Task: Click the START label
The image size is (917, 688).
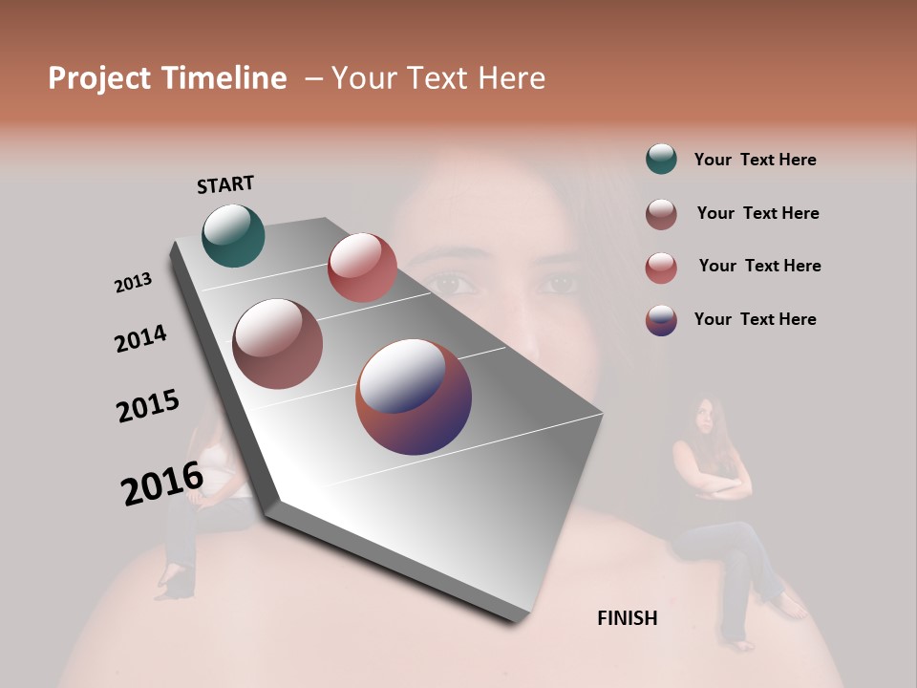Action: pyautogui.click(x=225, y=183)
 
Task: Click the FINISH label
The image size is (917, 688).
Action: pyautogui.click(x=627, y=618)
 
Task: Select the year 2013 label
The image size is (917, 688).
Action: pyautogui.click(x=133, y=283)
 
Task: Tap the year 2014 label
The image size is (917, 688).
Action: pyautogui.click(x=140, y=338)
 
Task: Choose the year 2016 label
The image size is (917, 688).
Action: pyautogui.click(x=162, y=483)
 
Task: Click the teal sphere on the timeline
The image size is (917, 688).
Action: pyautogui.click(x=233, y=235)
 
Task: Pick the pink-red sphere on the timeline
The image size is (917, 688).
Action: pyautogui.click(x=362, y=268)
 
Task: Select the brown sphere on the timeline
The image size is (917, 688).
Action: pyautogui.click(x=277, y=344)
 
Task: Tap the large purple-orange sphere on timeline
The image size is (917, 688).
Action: pyautogui.click(x=414, y=397)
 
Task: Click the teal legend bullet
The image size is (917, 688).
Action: pyautogui.click(x=661, y=159)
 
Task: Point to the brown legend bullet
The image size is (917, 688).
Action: pyautogui.click(x=661, y=214)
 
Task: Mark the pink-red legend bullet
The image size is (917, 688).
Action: pyautogui.click(x=661, y=268)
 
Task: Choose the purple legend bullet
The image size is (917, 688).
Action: pyautogui.click(x=661, y=320)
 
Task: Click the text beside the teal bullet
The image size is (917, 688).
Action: pyautogui.click(x=755, y=160)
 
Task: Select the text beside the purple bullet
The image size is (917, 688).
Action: pyautogui.click(x=755, y=319)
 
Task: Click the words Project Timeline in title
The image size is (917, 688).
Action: pyautogui.click(x=167, y=78)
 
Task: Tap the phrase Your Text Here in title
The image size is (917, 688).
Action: pyautogui.click(x=437, y=78)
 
